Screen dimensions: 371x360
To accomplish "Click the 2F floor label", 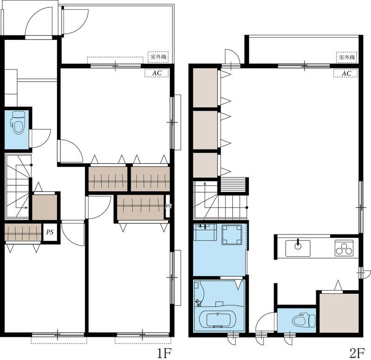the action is click(x=357, y=353).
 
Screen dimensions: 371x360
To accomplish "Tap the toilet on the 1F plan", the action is click(x=18, y=122).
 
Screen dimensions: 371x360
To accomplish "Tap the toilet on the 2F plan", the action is click(x=304, y=320).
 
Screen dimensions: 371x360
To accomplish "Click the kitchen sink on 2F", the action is click(x=298, y=248).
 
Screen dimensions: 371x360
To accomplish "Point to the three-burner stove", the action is click(x=344, y=248).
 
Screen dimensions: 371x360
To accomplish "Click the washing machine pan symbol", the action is click(x=232, y=235).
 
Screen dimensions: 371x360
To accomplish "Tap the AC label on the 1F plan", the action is click(x=157, y=73).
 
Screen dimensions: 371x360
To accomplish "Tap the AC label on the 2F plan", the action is click(x=346, y=73).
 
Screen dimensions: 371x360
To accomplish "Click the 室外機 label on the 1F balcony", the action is click(x=158, y=57).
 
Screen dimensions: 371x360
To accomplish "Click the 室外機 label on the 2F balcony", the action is click(x=347, y=57).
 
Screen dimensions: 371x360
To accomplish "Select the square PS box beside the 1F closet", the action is click(x=50, y=233).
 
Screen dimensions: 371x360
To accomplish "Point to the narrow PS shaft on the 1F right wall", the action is click(x=168, y=206).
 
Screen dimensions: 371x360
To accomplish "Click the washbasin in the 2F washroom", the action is click(x=205, y=232).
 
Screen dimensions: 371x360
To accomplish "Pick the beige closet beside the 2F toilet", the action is click(x=339, y=313).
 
